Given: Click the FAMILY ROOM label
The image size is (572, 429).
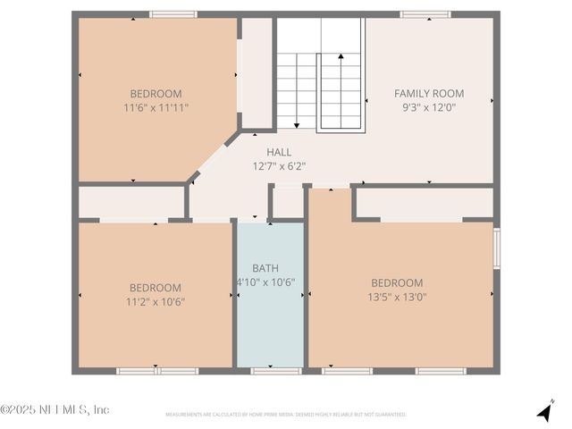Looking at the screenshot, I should (429, 93).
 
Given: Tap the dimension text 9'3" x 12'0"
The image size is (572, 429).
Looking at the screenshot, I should (429, 107).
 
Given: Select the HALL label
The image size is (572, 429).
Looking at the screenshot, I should (279, 152).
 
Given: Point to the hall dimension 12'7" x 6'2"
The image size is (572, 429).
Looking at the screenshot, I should (279, 165).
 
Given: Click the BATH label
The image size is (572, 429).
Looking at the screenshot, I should (265, 267).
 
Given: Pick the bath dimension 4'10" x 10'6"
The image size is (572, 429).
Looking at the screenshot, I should (265, 282).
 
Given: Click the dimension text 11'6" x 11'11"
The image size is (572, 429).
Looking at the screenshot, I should (156, 107).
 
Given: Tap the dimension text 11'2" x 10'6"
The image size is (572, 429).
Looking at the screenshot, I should (156, 301).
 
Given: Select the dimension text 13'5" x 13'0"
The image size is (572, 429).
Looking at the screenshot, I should (397, 297).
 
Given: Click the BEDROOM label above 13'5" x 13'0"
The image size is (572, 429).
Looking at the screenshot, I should (397, 282).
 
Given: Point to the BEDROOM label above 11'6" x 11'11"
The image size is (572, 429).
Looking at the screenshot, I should (156, 93).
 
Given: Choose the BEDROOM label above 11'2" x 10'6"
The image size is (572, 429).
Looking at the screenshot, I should (156, 288).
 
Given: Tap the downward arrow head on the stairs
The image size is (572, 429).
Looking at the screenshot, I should (296, 126).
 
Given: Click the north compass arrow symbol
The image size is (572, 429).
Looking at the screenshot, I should (544, 411).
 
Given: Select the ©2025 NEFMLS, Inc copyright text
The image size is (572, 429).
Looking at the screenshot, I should (55, 409).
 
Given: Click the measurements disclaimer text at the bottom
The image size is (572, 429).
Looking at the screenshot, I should (285, 415).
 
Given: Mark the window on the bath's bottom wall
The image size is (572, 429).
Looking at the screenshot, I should (270, 370).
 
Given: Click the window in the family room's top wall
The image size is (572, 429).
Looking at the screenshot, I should (425, 14).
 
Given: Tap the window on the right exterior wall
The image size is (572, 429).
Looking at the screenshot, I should (497, 247).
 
